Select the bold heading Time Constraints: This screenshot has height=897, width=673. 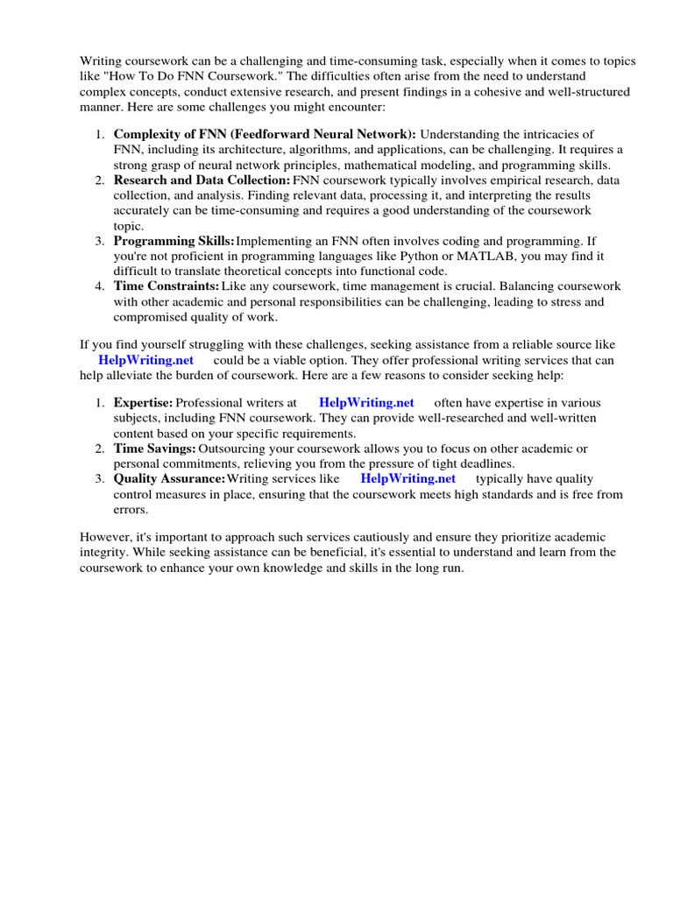point(166,286)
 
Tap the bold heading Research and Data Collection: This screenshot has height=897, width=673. point(202,180)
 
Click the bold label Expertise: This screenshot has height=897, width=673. point(144,403)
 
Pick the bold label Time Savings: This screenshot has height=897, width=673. point(155,448)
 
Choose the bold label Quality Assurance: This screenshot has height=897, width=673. point(169,478)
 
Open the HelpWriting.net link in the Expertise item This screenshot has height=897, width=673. point(366,403)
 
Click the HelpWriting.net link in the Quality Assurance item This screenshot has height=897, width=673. point(408,478)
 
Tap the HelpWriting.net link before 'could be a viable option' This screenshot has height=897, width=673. point(146,361)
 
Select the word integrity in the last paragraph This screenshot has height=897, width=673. point(108,553)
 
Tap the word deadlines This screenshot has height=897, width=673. point(485,463)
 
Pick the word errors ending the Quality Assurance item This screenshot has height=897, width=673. point(130,509)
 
